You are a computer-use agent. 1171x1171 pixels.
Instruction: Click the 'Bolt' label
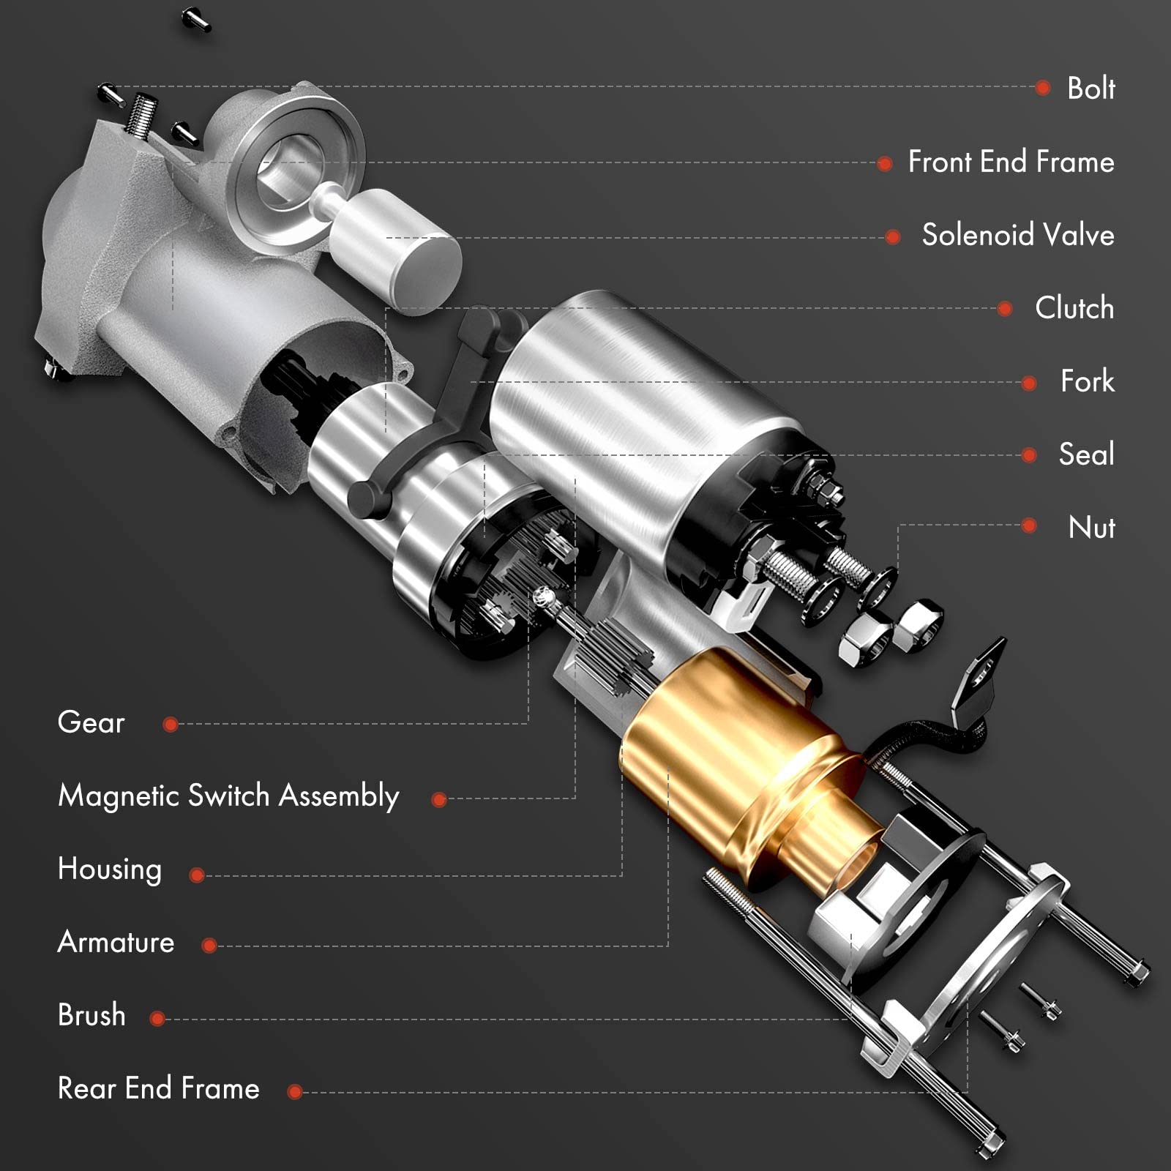tap(1090, 88)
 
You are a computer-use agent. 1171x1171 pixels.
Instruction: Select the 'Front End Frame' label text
tap(1011, 162)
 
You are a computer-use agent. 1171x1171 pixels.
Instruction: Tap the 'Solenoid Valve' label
tap(1017, 235)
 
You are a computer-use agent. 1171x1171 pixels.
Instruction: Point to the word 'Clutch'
tap(1074, 308)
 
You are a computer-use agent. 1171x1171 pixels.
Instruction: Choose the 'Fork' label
tap(1087, 381)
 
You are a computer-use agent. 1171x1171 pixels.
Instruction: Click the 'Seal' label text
tap(1086, 454)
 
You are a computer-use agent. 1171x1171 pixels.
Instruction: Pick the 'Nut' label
tap(1091, 528)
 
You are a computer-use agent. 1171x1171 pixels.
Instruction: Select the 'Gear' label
tap(91, 722)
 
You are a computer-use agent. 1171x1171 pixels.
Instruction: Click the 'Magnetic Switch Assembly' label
tap(228, 796)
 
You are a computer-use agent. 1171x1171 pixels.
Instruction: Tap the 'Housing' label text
tap(110, 869)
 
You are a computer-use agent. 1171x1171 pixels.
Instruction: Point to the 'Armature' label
tap(116, 943)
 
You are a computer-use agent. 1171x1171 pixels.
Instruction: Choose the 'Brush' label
tap(91, 1016)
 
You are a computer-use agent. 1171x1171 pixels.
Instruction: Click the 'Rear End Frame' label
tap(158, 1089)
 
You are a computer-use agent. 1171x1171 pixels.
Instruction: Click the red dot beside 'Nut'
tap(1029, 525)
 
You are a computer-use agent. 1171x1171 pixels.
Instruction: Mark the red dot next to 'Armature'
tap(209, 946)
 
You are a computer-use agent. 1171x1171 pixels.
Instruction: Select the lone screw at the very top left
tap(196, 20)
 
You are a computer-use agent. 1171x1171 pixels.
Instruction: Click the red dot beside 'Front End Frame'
tap(884, 163)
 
